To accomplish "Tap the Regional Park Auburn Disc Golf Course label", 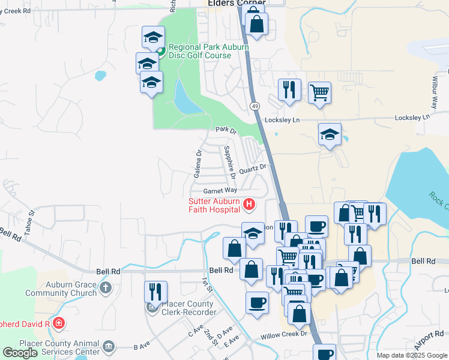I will tap(200, 51).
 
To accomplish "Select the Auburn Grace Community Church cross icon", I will tap(106, 287).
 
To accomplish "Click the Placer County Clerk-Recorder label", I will tap(186, 308).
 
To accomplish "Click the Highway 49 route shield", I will tap(255, 106).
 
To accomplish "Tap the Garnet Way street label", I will tap(220, 191).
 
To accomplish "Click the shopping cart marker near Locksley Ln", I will tap(319, 92).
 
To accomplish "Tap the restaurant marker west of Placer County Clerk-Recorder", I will tap(155, 292).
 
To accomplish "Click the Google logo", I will tap(20, 353).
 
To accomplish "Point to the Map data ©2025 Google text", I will tap(411, 355).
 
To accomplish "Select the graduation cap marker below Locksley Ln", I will tap(330, 134).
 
